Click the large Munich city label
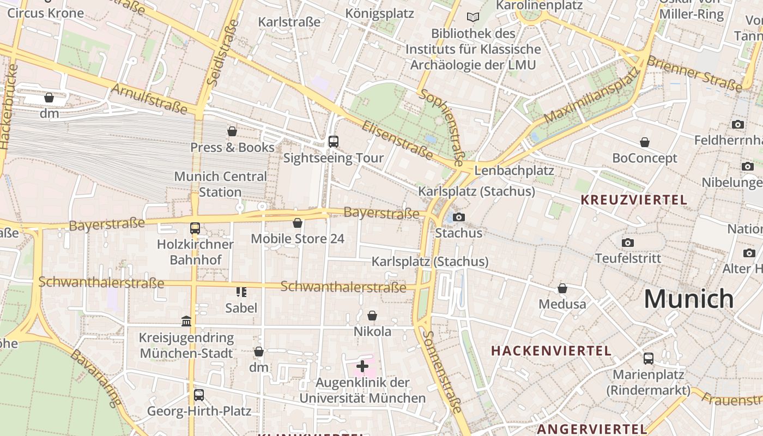click(689, 299)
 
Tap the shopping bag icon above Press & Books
click(232, 131)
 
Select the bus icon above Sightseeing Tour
click(334, 142)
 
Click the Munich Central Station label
click(220, 184)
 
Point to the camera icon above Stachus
click(459, 217)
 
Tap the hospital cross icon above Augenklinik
click(362, 366)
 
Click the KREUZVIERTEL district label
click(634, 200)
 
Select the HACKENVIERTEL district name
click(551, 350)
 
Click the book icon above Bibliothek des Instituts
click(473, 17)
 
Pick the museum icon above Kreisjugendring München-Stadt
click(186, 322)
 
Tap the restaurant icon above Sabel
click(241, 292)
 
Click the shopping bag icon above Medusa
click(562, 288)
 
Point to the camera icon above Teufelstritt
click(628, 243)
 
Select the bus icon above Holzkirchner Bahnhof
click(195, 228)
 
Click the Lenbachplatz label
click(514, 171)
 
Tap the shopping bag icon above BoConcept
click(645, 142)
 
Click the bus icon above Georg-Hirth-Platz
click(199, 395)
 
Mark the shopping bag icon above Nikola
click(372, 316)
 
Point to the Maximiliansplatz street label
click(591, 97)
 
